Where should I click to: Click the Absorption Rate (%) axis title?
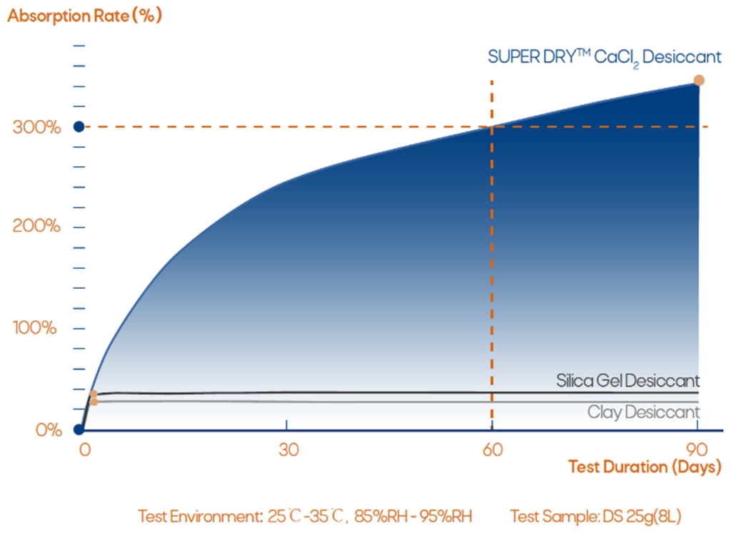tap(84, 16)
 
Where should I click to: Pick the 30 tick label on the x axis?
tap(287, 450)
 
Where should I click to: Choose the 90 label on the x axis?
tap(697, 450)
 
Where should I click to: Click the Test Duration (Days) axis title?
tap(645, 468)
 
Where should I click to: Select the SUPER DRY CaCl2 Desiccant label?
tap(605, 58)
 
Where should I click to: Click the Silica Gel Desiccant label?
tap(627, 381)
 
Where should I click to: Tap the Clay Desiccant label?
tap(643, 411)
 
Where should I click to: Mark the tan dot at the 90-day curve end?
tap(699, 81)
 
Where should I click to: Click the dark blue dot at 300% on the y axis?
tap(79, 127)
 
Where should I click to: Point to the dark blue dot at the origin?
tap(79, 429)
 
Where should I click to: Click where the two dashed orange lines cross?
tap(492, 127)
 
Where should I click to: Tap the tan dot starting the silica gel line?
tap(94, 394)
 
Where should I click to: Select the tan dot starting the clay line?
tap(94, 402)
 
